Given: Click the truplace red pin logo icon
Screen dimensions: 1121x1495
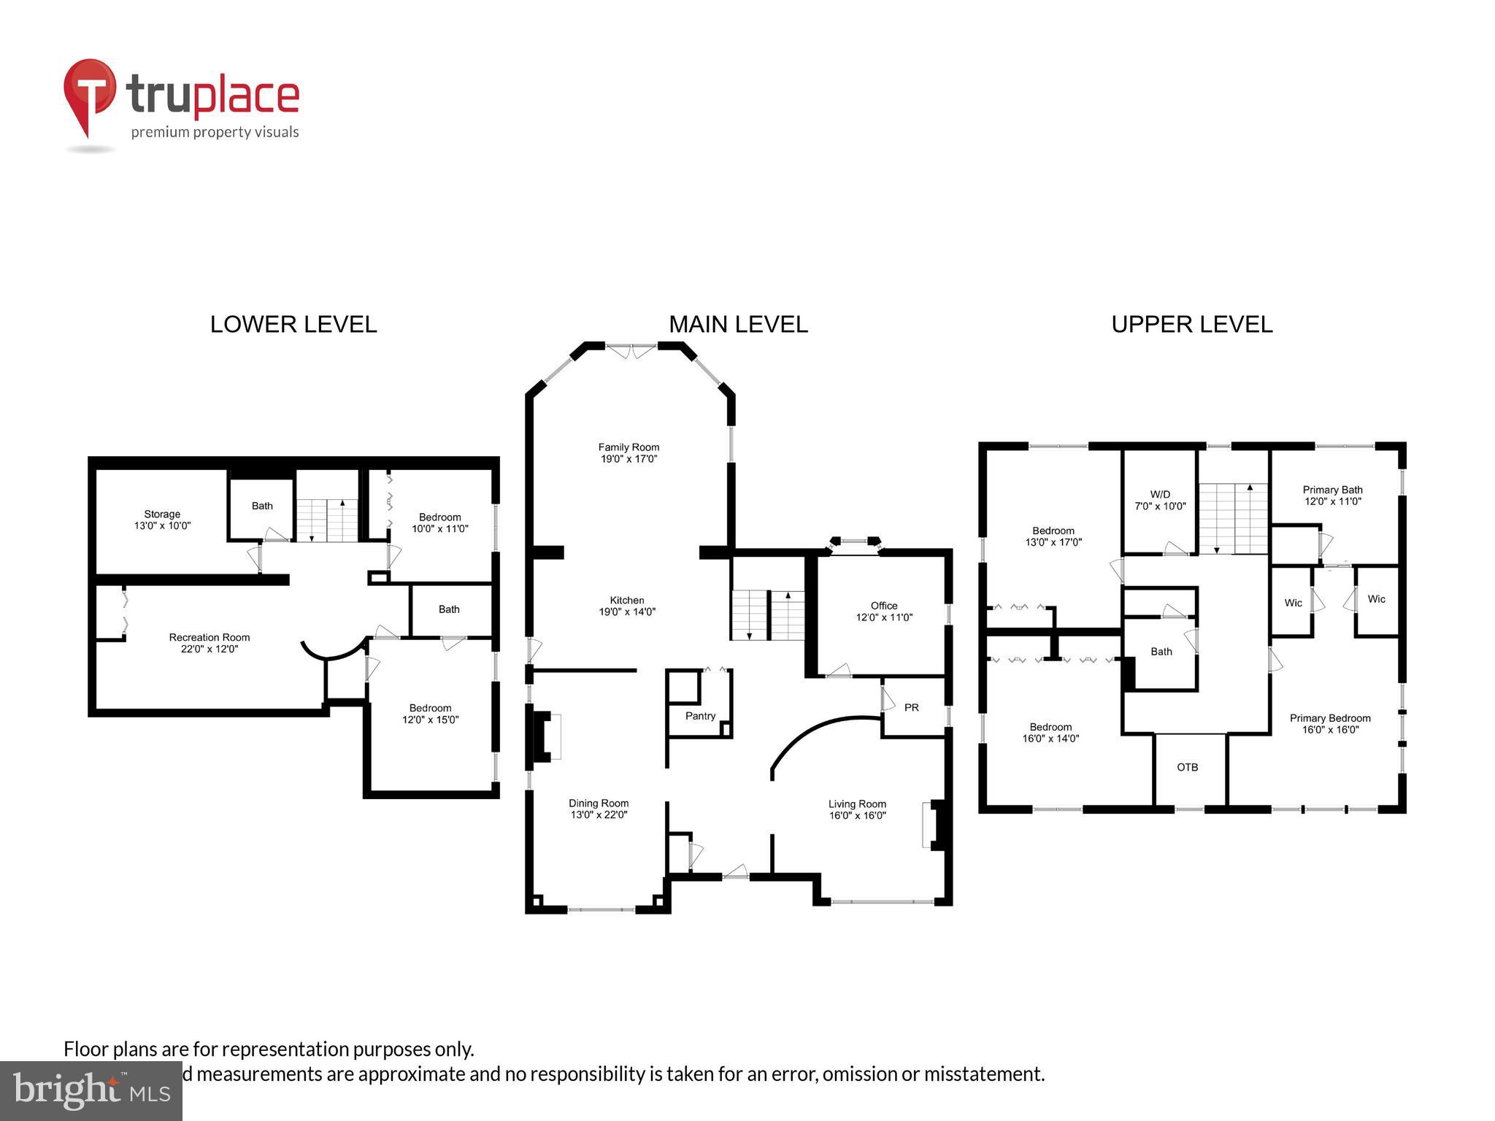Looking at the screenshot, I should (x=89, y=96).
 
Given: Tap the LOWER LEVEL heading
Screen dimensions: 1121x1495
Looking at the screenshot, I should (x=293, y=325).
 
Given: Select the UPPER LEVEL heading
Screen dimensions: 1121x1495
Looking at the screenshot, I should (x=1191, y=325).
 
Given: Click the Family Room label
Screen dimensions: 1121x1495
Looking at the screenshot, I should (x=629, y=447).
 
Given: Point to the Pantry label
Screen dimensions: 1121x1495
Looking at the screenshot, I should (x=700, y=716).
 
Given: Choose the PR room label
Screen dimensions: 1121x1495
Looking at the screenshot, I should (x=911, y=707).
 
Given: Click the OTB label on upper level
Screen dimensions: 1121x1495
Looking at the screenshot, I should (x=1187, y=767).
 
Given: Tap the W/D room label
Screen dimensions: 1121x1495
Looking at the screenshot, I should (x=1160, y=495).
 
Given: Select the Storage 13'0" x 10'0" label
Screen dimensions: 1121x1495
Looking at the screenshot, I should (x=162, y=520).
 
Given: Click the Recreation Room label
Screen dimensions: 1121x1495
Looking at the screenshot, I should (x=210, y=637).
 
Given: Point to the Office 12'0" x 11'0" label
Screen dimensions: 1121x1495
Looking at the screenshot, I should (x=884, y=612).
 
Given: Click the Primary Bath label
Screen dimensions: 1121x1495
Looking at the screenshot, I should (x=1332, y=490).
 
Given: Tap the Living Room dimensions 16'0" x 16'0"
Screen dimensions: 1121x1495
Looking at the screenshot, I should (x=857, y=815).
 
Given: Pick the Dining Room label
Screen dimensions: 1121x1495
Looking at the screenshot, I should (x=599, y=803).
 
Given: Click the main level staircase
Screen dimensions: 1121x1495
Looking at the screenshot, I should (x=768, y=615).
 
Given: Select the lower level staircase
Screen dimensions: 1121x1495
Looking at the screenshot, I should (x=327, y=520).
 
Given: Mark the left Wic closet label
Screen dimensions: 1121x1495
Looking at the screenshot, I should (x=1293, y=603).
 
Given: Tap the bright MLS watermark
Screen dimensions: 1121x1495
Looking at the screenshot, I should (x=91, y=1090).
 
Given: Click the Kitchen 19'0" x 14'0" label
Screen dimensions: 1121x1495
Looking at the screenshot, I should (x=627, y=606).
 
